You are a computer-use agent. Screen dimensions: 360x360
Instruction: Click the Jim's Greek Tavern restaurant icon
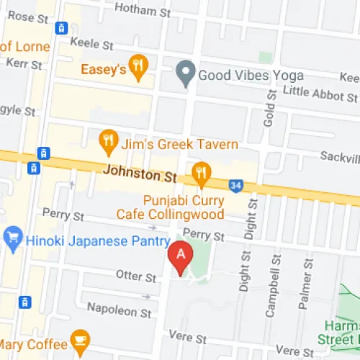108,143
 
